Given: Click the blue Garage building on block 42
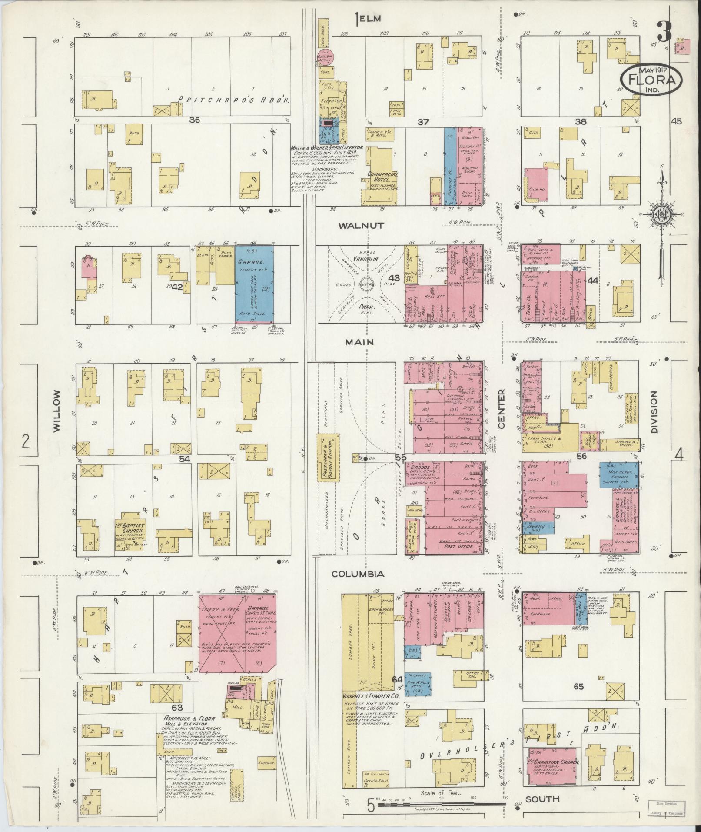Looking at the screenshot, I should (x=254, y=285).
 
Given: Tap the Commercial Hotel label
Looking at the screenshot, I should (x=382, y=177).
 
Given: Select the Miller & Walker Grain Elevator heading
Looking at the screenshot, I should (x=327, y=148).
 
